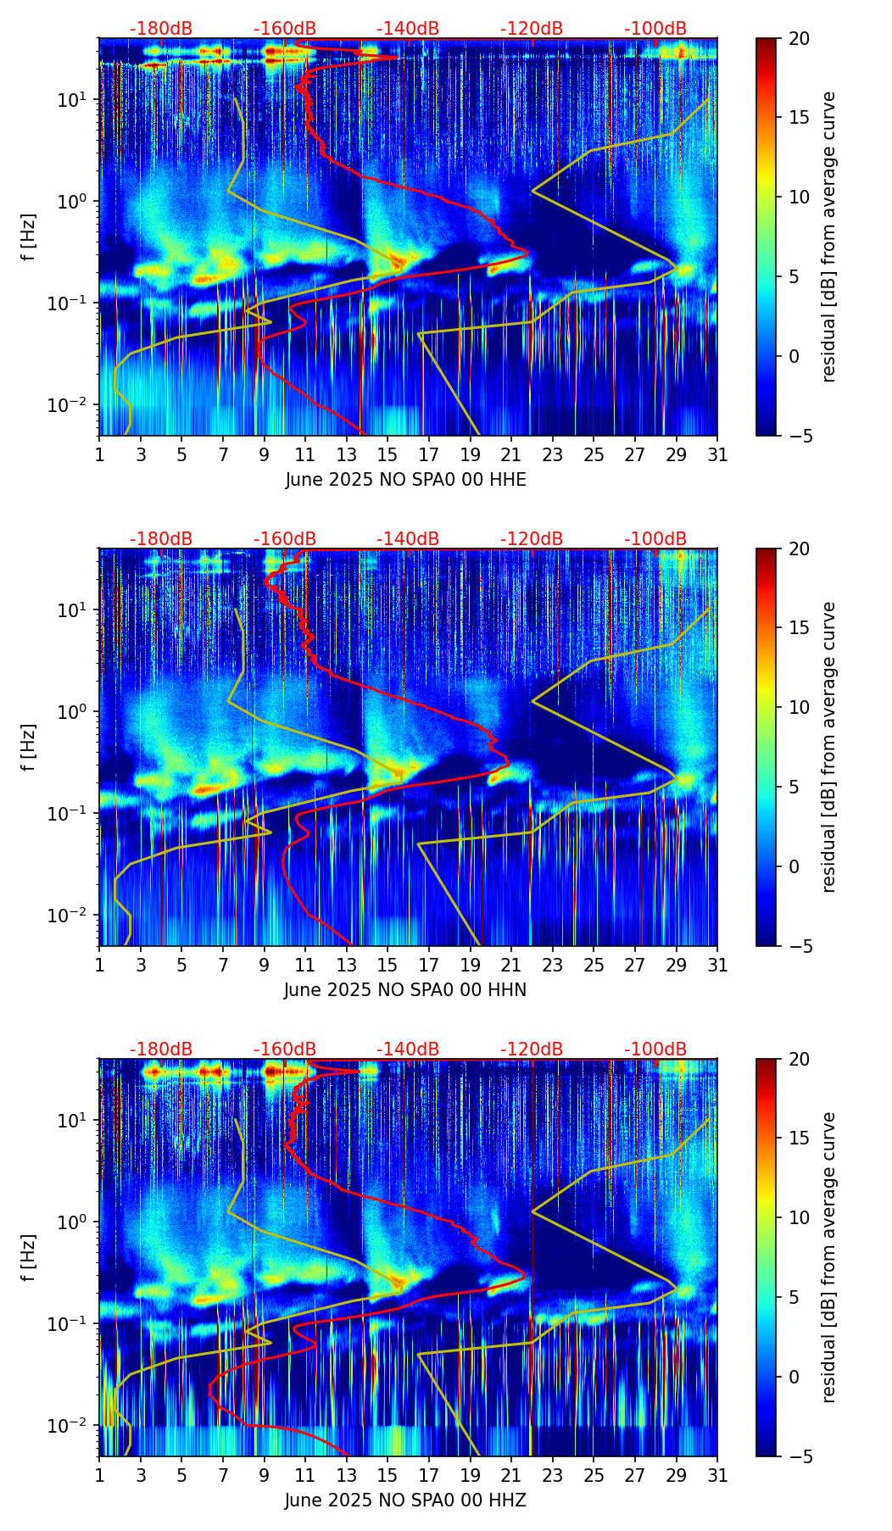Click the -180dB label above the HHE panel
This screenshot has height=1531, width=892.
click(161, 29)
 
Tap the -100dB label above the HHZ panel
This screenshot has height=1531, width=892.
click(655, 1049)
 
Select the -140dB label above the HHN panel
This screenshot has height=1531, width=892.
click(408, 539)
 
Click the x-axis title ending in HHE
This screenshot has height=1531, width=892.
click(405, 480)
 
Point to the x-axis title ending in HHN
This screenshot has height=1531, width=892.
click(405, 990)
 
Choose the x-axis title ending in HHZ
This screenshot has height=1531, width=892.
click(405, 1500)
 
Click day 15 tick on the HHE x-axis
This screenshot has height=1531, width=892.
click(387, 455)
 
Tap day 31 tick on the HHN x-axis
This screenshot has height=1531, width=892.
click(717, 966)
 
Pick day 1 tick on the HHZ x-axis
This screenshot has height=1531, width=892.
click(100, 1476)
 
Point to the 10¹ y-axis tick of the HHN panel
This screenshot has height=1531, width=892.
click(73, 610)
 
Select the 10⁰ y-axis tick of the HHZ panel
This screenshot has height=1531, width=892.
click(73, 1222)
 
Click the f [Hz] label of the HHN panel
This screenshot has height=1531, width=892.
click(29, 747)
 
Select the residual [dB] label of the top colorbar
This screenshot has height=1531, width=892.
click(828, 237)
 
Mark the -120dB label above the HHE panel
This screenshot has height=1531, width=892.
click(532, 29)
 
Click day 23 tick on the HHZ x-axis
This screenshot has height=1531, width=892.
click(553, 1476)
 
